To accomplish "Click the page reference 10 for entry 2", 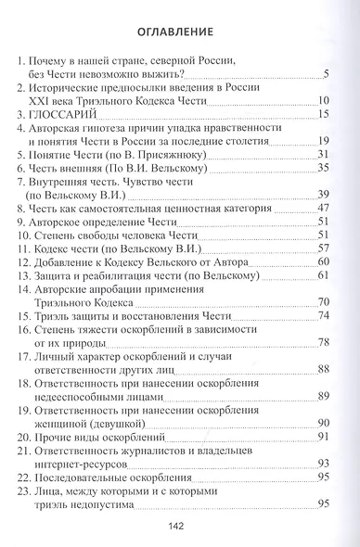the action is [323, 100].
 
